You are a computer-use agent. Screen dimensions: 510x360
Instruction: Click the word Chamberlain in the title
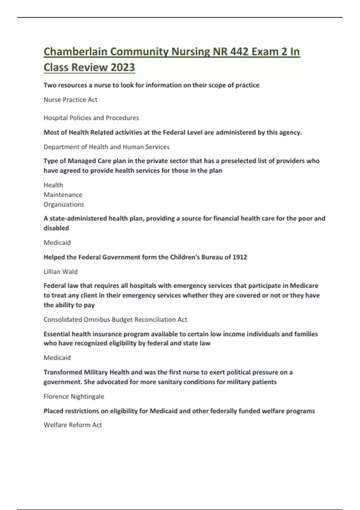click(x=75, y=52)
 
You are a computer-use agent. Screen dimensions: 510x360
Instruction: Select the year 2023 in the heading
click(x=123, y=67)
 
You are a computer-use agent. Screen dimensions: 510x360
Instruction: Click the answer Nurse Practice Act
click(x=70, y=100)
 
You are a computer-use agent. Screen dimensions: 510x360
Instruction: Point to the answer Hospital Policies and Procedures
click(x=91, y=118)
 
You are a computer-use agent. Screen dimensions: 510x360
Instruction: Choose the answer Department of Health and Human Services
click(x=106, y=147)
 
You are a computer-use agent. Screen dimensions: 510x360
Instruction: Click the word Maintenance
click(x=63, y=195)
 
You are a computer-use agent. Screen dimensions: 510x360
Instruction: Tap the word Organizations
click(x=64, y=204)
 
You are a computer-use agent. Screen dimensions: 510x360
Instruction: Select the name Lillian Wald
click(x=61, y=271)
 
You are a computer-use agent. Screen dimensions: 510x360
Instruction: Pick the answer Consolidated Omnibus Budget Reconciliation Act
click(x=115, y=319)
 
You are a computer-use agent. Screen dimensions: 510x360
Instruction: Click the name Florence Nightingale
click(x=74, y=396)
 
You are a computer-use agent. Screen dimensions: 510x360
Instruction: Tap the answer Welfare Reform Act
click(x=73, y=425)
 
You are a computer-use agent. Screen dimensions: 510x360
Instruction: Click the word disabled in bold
click(x=56, y=228)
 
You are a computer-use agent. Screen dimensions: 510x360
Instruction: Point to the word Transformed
click(x=63, y=372)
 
